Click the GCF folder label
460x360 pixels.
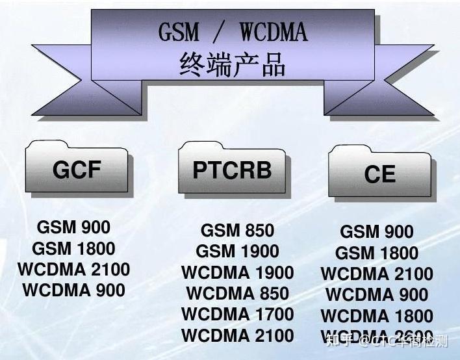click(77, 170)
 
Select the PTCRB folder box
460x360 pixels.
click(232, 170)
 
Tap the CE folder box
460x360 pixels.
click(380, 174)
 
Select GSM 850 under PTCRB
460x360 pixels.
click(237, 231)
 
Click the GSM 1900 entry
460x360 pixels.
click(237, 251)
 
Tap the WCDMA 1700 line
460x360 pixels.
click(237, 315)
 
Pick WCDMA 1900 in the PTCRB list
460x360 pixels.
click(237, 273)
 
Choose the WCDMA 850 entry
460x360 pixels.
click(237, 294)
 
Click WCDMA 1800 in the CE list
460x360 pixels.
click(377, 316)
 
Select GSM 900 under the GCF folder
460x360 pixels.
click(73, 227)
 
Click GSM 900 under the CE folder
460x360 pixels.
click(377, 232)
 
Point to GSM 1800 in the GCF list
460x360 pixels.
click(73, 248)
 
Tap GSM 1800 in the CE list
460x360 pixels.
click(377, 253)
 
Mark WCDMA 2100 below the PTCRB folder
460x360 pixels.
click(237, 336)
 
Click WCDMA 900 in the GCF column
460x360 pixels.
click(73, 290)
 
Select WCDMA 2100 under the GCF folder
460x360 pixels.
click(73, 269)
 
